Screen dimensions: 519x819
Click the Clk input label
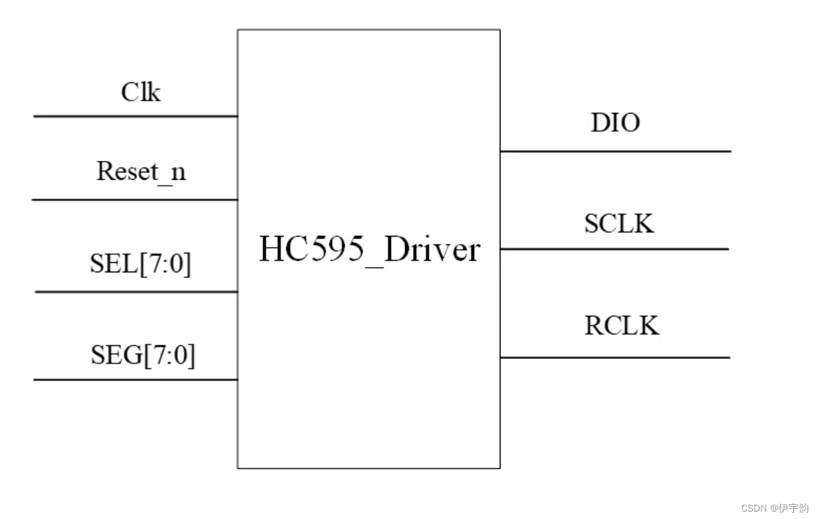(x=141, y=92)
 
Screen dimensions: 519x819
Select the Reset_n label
(x=141, y=172)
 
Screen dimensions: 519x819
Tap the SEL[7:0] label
(x=141, y=264)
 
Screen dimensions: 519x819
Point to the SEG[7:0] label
(x=143, y=355)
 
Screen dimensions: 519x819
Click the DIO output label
(x=615, y=123)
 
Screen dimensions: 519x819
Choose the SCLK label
(x=619, y=224)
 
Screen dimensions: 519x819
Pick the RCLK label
(x=621, y=326)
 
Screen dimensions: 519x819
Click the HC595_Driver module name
(x=369, y=250)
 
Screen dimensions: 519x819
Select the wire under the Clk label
(x=135, y=116)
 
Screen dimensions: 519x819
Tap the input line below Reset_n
(x=135, y=200)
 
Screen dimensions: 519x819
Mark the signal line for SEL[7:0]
(x=135, y=292)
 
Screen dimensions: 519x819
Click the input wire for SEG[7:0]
(x=135, y=380)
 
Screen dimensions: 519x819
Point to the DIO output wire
(x=615, y=151)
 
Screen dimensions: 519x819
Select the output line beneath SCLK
(x=614, y=249)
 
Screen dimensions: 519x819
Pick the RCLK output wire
(x=615, y=357)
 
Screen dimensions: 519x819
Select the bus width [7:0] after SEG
(x=168, y=355)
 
